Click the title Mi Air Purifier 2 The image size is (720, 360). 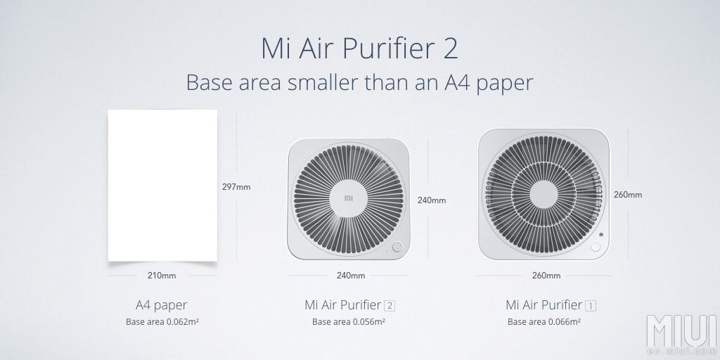pyautogui.click(x=359, y=49)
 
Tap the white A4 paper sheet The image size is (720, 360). pyautogui.click(x=162, y=186)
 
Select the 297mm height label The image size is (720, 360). pyautogui.click(x=236, y=187)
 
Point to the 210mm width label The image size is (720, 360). pyautogui.click(x=162, y=276)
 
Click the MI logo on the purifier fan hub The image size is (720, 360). pyautogui.click(x=349, y=198)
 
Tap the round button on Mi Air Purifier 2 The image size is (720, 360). pyautogui.click(x=397, y=247)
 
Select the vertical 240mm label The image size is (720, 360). pyautogui.click(x=432, y=200)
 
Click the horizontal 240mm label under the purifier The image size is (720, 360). pyautogui.click(x=351, y=276)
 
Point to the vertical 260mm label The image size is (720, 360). pyautogui.click(x=628, y=195)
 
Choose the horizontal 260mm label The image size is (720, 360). pyautogui.click(x=546, y=276)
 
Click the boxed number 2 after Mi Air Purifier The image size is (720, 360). pyautogui.click(x=390, y=305)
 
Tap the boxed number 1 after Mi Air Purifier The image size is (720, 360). pyautogui.click(x=591, y=305)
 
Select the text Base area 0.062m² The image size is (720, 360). pyautogui.click(x=162, y=322)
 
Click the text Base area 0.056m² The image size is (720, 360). pyautogui.click(x=349, y=322)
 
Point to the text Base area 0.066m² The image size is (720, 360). pyautogui.click(x=544, y=322)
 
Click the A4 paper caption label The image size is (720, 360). pyautogui.click(x=162, y=305)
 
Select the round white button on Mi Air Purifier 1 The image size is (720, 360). pyautogui.click(x=595, y=247)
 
